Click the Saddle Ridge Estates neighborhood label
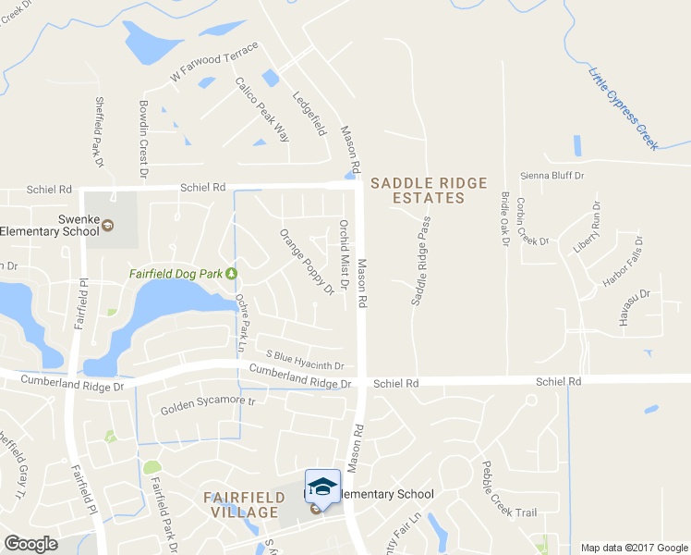tap(429, 191)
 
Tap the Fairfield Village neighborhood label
tap(243, 504)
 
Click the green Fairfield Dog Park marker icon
tap(231, 273)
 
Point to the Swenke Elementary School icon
tap(107, 225)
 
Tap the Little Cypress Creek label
tap(624, 109)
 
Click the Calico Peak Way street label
tap(262, 109)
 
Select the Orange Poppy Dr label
tap(306, 262)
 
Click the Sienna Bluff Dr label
tap(553, 175)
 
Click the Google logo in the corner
tap(30, 544)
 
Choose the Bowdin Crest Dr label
tap(143, 140)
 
